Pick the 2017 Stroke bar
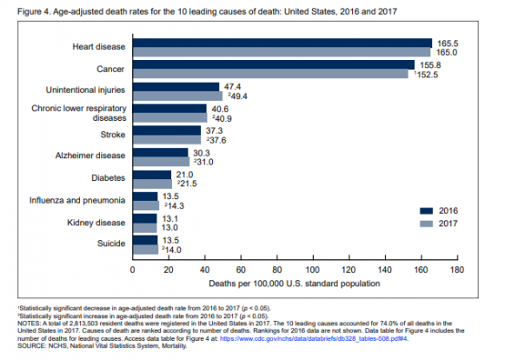pos(166,140)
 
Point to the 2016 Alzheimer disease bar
pos(160,153)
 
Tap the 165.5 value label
pos(446,43)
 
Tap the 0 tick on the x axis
pos(132,270)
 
